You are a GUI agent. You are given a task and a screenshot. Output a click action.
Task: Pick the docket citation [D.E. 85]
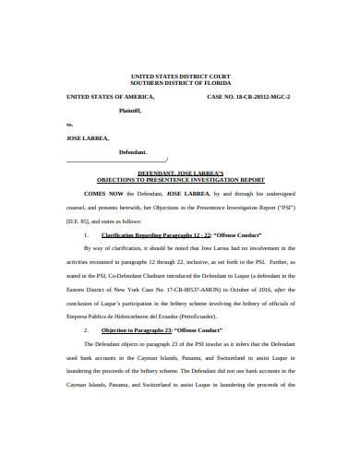coord(76,221)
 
